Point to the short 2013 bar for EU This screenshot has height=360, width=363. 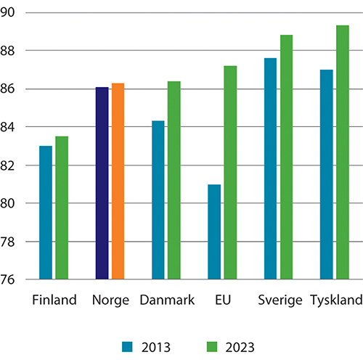coord(214,232)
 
